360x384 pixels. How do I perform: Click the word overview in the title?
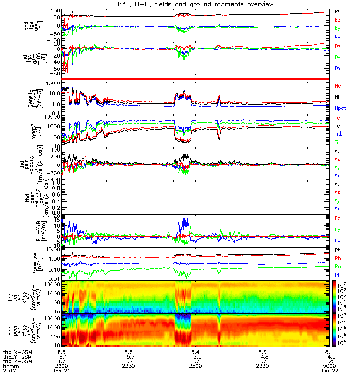coord(258,4)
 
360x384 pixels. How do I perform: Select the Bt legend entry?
coord(337,11)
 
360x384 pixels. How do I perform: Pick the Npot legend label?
coord(340,108)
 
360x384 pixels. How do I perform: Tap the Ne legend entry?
coord(338,85)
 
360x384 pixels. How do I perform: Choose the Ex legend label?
coord(337,240)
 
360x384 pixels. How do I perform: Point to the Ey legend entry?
coord(337,229)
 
